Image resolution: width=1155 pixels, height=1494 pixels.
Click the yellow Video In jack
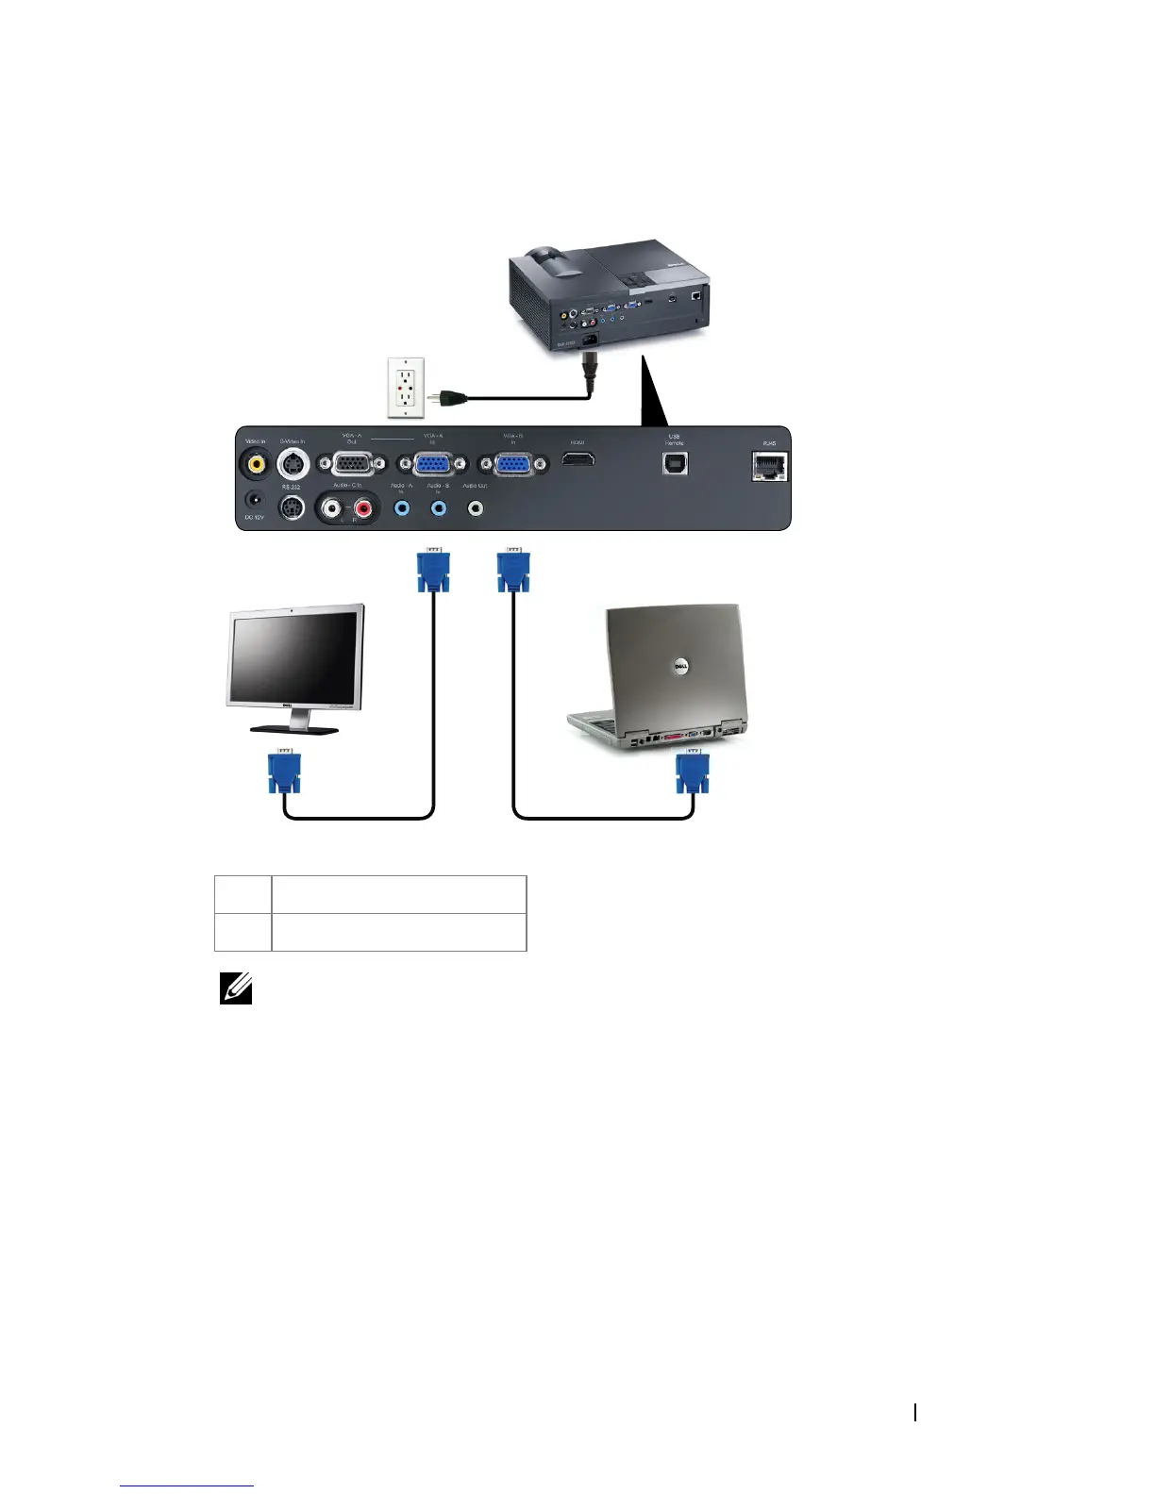[x=254, y=463]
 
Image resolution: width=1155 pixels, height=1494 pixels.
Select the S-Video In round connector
[x=293, y=463]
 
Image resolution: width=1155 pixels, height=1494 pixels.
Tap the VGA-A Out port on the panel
[x=352, y=464]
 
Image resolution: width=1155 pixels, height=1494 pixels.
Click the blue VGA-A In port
[x=433, y=464]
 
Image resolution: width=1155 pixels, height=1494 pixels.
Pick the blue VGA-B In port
[x=512, y=464]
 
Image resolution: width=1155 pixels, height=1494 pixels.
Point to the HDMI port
[x=577, y=459]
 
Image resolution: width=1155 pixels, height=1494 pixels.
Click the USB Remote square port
[x=675, y=463]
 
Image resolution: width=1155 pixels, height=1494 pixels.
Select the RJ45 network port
[x=769, y=466]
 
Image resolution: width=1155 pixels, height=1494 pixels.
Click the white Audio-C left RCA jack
[x=331, y=508]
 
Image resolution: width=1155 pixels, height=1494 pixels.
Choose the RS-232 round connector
[x=292, y=508]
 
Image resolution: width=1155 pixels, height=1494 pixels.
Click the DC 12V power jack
[x=254, y=499]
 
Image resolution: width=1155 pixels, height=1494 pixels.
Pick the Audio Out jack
[x=476, y=508]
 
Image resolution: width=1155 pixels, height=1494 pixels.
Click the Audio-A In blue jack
[x=402, y=508]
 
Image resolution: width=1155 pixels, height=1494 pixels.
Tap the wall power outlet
[x=406, y=387]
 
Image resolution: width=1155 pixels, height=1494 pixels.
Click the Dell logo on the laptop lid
[x=678, y=668]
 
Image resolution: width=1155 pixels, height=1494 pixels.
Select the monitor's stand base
[x=293, y=728]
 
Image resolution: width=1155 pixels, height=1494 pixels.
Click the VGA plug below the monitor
[x=284, y=772]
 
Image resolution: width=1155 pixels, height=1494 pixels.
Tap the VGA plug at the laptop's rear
[x=693, y=772]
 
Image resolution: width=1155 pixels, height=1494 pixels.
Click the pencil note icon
[x=235, y=988]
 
